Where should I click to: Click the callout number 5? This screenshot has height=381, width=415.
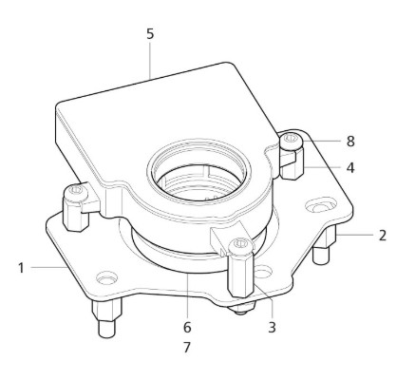click(x=149, y=34)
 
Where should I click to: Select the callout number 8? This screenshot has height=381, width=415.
click(x=350, y=141)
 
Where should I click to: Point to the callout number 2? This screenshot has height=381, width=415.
click(x=381, y=235)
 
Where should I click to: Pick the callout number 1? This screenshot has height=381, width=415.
click(x=21, y=267)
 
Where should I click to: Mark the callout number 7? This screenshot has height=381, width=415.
click(x=186, y=348)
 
